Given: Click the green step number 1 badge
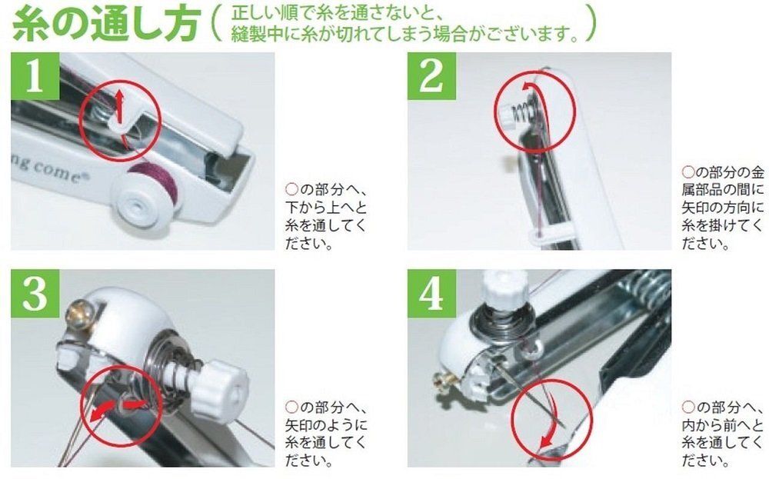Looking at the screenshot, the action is click(35, 76).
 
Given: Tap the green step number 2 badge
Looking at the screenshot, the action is click(431, 76).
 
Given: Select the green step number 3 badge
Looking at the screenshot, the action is click(35, 293).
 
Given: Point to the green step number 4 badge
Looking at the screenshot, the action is click(431, 293).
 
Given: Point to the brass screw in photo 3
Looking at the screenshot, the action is click(79, 310).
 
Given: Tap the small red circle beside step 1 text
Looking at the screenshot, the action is click(291, 190).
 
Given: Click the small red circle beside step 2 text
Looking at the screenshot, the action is click(688, 172).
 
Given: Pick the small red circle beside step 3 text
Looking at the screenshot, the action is click(291, 407).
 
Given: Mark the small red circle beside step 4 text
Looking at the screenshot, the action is click(688, 407).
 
